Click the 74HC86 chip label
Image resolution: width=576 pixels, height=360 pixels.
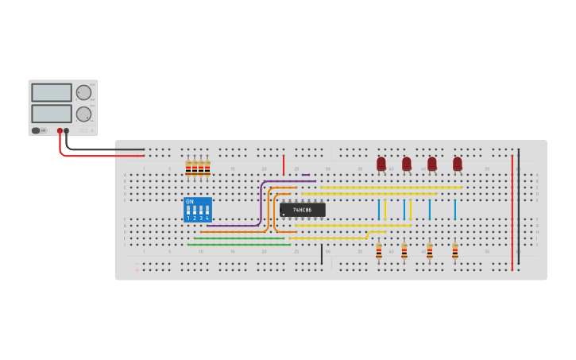pyautogui.click(x=302, y=210)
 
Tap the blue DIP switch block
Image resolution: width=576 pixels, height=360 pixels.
pyautogui.click(x=198, y=210)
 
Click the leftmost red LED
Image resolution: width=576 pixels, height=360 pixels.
pyautogui.click(x=381, y=164)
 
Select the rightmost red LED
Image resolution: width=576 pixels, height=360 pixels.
pyautogui.click(x=458, y=164)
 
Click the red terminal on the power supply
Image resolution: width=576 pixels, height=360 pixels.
pyautogui.click(x=60, y=131)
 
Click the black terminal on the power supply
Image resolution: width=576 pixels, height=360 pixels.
pyautogui.click(x=66, y=131)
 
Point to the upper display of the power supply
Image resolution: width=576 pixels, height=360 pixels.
pyautogui.click(x=52, y=93)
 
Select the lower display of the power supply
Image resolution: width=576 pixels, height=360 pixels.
pyautogui.click(x=52, y=114)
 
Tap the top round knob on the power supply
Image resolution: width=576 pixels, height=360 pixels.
pyautogui.click(x=83, y=92)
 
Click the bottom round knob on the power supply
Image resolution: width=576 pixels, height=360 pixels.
pyautogui.click(x=83, y=114)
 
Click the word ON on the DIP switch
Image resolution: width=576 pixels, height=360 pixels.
pyautogui.click(x=190, y=202)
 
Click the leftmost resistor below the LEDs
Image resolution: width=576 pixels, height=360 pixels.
pyautogui.click(x=379, y=252)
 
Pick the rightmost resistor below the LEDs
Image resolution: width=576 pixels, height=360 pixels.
pyautogui.click(x=455, y=252)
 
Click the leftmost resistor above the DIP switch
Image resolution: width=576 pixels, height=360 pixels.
pyautogui.click(x=188, y=168)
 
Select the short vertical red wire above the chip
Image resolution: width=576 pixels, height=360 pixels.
pyautogui.click(x=284, y=165)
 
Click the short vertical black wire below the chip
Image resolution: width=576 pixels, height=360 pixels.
pyautogui.click(x=322, y=254)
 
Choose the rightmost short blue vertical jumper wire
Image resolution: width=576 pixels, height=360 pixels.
pyautogui.click(x=455, y=210)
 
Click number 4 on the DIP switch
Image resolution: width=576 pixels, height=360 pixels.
pyautogui.click(x=207, y=218)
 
